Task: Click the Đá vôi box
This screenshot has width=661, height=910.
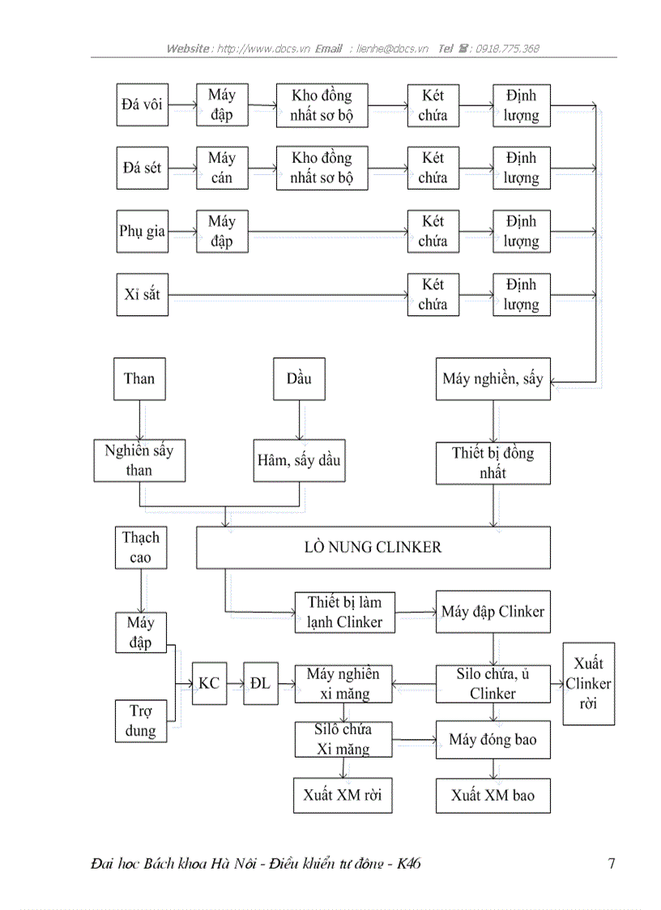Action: click(142, 105)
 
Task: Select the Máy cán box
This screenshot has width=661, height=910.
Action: click(221, 168)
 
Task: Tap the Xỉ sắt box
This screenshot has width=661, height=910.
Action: click(142, 294)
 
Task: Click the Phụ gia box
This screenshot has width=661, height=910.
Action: click(142, 231)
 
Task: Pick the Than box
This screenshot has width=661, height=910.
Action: click(139, 378)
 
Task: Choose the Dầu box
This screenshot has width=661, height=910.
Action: click(299, 378)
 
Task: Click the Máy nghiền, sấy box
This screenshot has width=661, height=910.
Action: click(493, 378)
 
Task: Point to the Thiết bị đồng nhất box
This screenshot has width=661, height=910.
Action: click(493, 463)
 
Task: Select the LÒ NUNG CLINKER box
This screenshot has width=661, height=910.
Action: click(373, 547)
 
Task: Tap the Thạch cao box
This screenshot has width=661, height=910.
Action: click(141, 548)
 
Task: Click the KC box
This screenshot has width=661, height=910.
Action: click(209, 683)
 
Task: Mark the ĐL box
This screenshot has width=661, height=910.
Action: click(260, 683)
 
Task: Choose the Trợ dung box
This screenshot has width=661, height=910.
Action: click(141, 721)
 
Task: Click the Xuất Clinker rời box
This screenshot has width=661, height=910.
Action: click(588, 683)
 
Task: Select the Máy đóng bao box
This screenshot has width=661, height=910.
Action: click(493, 740)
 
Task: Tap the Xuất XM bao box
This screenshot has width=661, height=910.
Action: click(493, 796)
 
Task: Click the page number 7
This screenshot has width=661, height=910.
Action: click(611, 864)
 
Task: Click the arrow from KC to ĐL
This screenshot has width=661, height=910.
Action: click(235, 683)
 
